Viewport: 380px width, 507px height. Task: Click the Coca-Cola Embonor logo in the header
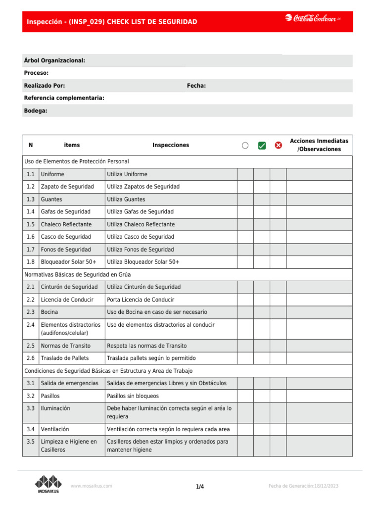[x=313, y=19]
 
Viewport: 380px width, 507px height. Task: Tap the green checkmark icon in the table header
[x=262, y=146]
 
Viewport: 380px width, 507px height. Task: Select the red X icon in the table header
[x=278, y=146]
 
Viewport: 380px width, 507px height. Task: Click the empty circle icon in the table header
[x=245, y=146]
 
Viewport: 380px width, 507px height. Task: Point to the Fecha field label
[x=196, y=86]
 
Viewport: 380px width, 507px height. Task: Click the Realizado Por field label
[x=45, y=86]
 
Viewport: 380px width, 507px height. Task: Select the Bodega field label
[x=36, y=111]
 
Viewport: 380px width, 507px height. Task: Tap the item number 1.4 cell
[x=31, y=212]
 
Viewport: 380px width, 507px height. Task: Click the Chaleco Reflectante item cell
[x=66, y=224]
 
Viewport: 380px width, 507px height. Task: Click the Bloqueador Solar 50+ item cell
[x=69, y=262]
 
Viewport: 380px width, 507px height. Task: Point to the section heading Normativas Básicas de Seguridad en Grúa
[x=77, y=274]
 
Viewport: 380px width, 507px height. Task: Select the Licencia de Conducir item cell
[x=67, y=300]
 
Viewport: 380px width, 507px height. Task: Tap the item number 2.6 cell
[x=31, y=358]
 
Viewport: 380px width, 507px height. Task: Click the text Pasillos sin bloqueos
[x=133, y=396]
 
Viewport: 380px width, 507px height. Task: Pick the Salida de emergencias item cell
[x=69, y=383]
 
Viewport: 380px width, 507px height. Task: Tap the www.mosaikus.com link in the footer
[x=92, y=486]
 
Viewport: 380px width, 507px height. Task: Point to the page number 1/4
[x=200, y=487]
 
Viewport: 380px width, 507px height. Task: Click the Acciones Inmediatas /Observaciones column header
[x=319, y=145]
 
